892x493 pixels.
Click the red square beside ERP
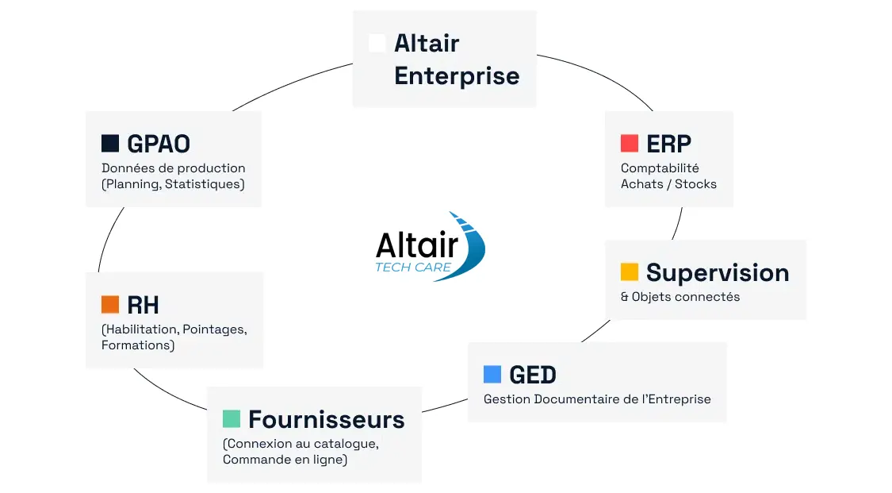[630, 143]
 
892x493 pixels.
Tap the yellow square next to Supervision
[630, 272]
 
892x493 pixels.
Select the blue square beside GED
[492, 374]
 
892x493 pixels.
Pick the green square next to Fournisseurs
[232, 418]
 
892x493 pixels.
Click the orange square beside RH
[110, 305]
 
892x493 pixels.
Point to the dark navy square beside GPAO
[110, 143]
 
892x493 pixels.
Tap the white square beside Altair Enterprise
[377, 43]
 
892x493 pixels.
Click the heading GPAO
[159, 144]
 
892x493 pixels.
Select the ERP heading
[669, 144]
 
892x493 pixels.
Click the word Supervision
[718, 273]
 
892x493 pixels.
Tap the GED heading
[533, 376]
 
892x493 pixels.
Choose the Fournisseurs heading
[327, 419]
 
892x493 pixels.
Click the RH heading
[143, 306]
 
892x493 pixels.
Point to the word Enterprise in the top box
[457, 76]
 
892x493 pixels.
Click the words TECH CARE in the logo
[414, 267]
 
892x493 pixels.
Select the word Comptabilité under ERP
[660, 168]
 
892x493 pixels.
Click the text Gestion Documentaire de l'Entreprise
[597, 399]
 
